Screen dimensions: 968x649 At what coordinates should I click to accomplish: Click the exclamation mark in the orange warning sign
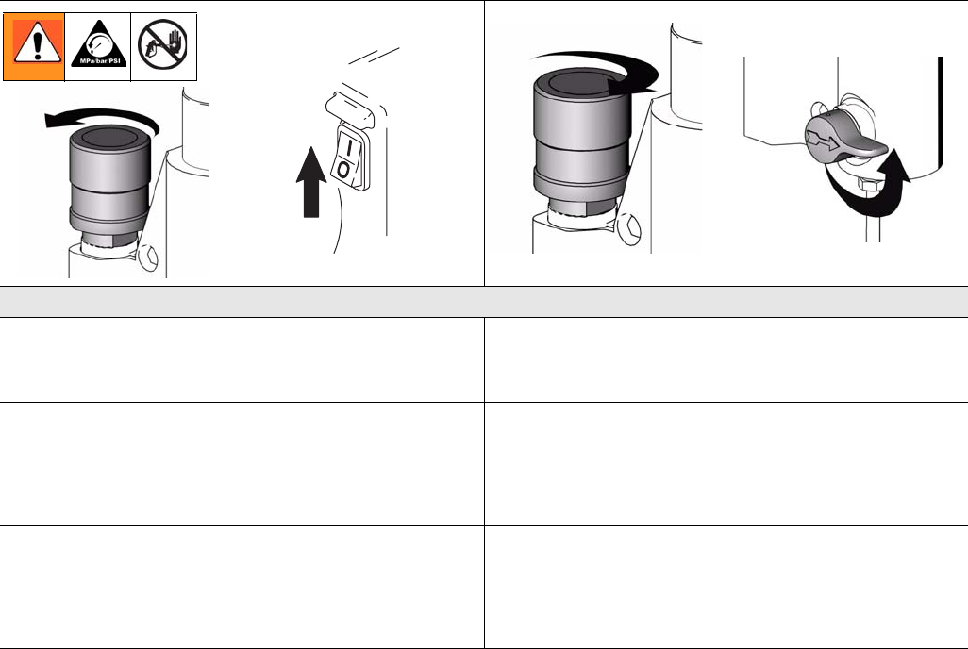(37, 44)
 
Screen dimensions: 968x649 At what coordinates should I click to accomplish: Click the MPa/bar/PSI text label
(99, 61)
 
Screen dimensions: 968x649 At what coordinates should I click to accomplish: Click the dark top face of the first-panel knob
(108, 137)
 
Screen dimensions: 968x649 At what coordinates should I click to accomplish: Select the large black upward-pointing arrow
(311, 182)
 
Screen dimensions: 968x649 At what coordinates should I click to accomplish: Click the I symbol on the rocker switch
(349, 148)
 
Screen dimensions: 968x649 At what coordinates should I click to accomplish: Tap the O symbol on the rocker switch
(343, 169)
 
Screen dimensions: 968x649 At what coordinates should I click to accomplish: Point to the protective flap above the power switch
(350, 109)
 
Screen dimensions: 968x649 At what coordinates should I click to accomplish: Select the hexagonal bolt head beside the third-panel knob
(627, 229)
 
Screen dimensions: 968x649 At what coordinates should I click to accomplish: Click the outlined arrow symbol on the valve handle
(823, 141)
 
